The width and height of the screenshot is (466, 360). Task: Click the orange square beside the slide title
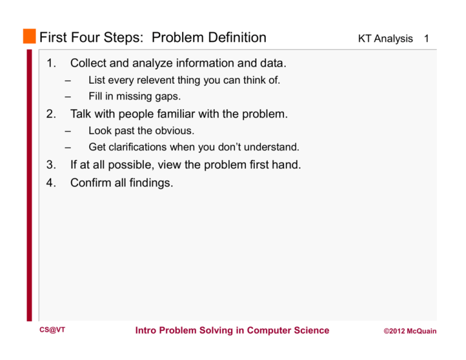(30, 37)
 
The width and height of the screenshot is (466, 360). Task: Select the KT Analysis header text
(385, 39)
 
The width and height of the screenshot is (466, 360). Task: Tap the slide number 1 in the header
(427, 39)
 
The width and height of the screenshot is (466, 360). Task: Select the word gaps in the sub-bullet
(167, 96)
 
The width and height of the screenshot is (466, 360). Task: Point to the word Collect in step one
(89, 63)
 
